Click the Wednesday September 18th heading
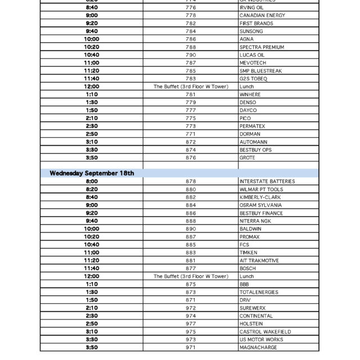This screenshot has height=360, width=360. pos(92,173)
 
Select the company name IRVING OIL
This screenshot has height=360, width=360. pos(251,8)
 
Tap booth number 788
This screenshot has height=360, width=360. pos(191,47)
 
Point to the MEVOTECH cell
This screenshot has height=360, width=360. pos(253,63)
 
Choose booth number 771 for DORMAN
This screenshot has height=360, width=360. pos(191,134)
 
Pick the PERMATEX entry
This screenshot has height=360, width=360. pos(252,127)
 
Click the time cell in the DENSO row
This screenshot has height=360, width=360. pos(92,103)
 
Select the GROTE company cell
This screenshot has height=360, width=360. pos(247,158)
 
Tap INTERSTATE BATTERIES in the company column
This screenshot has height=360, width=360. pos(267,182)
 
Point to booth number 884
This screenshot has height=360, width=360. pos(191,205)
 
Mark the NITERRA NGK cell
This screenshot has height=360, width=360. pos(255,221)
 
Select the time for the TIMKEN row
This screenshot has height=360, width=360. pos(92,253)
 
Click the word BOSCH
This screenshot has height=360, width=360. pos(247,269)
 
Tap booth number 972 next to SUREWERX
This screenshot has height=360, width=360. pos(191,308)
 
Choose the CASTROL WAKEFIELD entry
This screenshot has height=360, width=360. pos(265,332)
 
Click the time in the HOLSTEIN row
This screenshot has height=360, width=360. pos(92,324)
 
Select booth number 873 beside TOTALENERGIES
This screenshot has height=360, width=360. pos(191,292)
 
